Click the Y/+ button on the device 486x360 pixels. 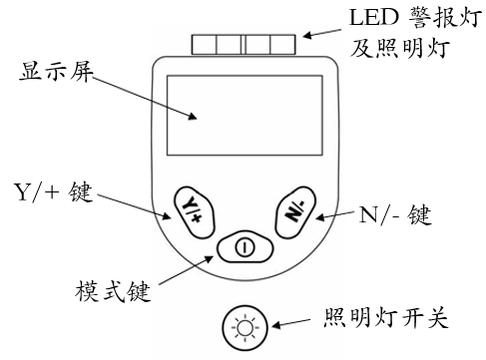coord(195,212)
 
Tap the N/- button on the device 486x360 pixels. coord(295,212)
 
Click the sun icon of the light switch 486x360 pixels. coord(245,327)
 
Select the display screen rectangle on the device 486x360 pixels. coord(244,116)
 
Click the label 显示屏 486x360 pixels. coord(56,71)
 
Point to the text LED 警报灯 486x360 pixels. coord(415,17)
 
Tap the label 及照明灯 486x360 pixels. coord(400,49)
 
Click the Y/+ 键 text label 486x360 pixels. coord(53,191)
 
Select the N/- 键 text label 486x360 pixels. coord(395,215)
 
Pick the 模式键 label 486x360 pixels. coord(113,291)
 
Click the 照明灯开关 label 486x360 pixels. coord(385,317)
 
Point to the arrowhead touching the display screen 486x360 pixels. coord(193,116)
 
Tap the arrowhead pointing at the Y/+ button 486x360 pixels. coord(167,215)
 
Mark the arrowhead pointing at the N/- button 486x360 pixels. coord(320,217)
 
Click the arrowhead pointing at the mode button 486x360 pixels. coord(209,258)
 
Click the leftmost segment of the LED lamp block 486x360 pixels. coord(204,44)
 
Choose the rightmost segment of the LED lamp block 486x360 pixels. coord(282,44)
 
